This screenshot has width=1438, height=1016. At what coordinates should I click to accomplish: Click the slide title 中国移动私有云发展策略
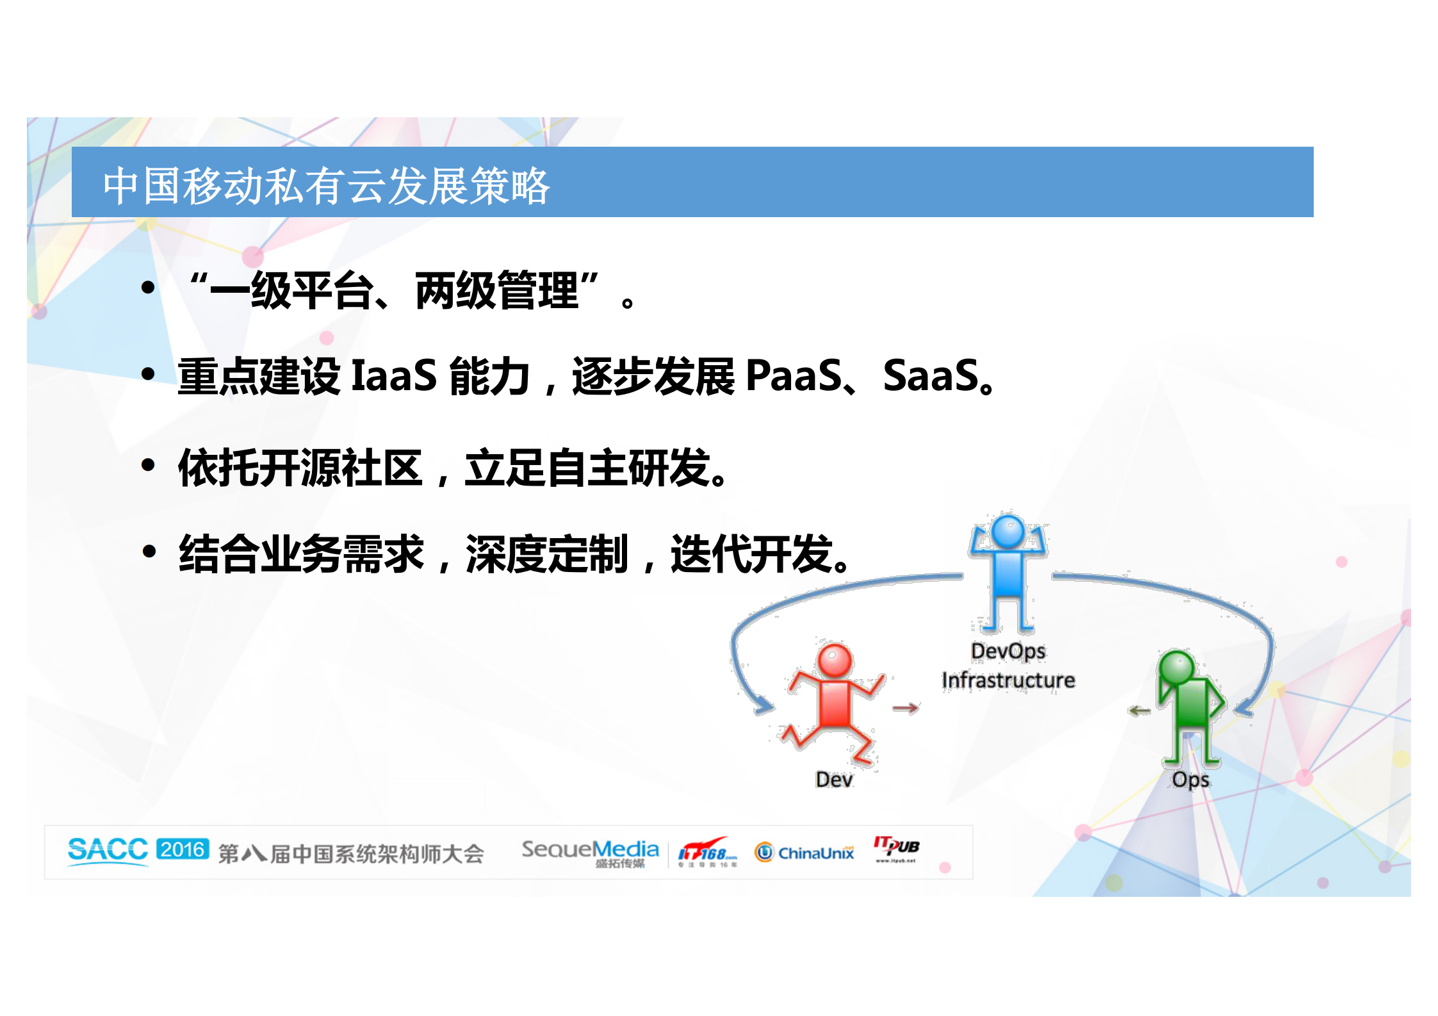[x=326, y=186]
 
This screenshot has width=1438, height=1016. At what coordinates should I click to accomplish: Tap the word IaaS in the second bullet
[x=394, y=375]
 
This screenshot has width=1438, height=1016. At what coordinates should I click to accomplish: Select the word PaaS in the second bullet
[x=794, y=375]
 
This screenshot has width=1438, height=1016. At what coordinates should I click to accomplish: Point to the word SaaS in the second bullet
[x=930, y=375]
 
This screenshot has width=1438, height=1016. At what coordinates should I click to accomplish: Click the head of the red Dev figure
[x=835, y=660]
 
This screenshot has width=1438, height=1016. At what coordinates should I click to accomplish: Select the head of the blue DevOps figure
[x=1008, y=532]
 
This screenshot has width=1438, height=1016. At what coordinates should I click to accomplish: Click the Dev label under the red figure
[x=834, y=780]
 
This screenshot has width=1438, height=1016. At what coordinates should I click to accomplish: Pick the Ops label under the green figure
[x=1191, y=780]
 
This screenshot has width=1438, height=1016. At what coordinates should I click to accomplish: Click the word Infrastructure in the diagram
[x=1008, y=680]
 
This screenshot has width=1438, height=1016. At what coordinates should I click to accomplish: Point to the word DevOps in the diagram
[x=1008, y=651]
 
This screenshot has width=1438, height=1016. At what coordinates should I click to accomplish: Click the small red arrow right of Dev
[x=906, y=708]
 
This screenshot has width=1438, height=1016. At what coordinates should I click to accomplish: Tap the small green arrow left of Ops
[x=1140, y=711]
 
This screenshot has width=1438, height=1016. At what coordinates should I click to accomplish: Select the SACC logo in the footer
[x=108, y=850]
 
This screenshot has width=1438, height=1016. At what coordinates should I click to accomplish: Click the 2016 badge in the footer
[x=183, y=849]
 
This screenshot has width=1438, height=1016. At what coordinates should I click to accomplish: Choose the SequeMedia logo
[x=590, y=852]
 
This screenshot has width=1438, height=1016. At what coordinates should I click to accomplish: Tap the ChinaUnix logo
[x=805, y=853]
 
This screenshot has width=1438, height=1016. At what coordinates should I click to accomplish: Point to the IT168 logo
[x=707, y=853]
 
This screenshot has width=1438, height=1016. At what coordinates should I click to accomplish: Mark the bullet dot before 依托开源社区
[x=149, y=466]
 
